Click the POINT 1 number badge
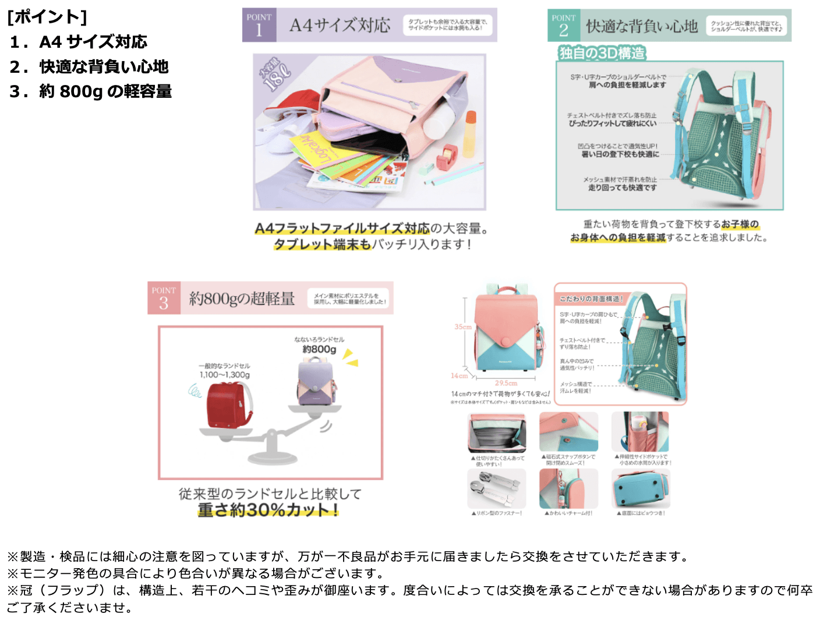[259, 25]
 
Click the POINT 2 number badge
[563, 26]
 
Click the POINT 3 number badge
[164, 298]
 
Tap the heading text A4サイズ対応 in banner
[340, 25]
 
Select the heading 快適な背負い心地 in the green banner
[642, 26]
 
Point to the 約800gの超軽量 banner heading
[242, 299]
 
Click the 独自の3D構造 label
[602, 53]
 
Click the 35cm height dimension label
[463, 327]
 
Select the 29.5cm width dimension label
[506, 383]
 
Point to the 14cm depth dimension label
[459, 375]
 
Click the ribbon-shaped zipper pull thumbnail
[496, 489]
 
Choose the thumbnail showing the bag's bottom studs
[640, 489]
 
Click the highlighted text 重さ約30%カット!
[268, 510]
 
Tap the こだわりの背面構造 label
[591, 299]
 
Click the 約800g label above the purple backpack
[319, 349]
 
